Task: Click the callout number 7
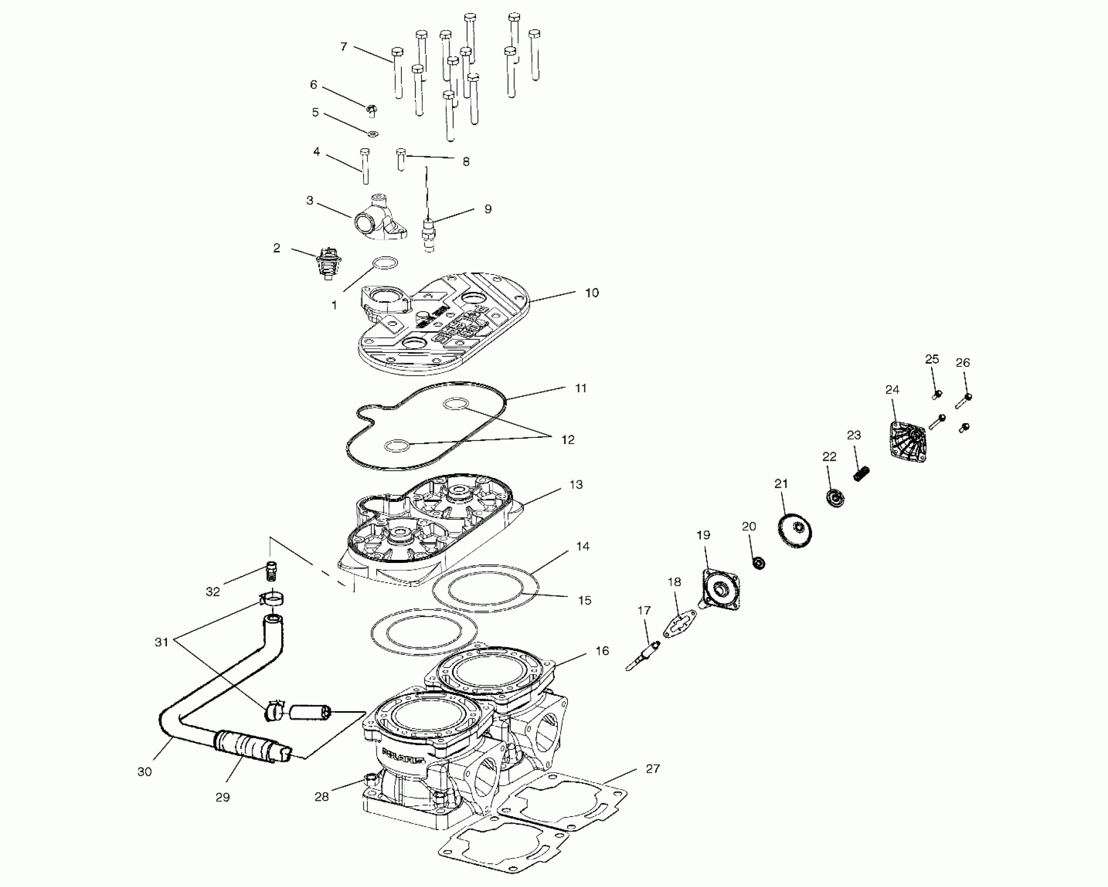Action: tap(343, 47)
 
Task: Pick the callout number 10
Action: tap(591, 293)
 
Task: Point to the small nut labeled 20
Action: tap(759, 563)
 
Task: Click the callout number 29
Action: tap(223, 797)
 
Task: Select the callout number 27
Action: tap(653, 769)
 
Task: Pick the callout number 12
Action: tap(568, 440)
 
